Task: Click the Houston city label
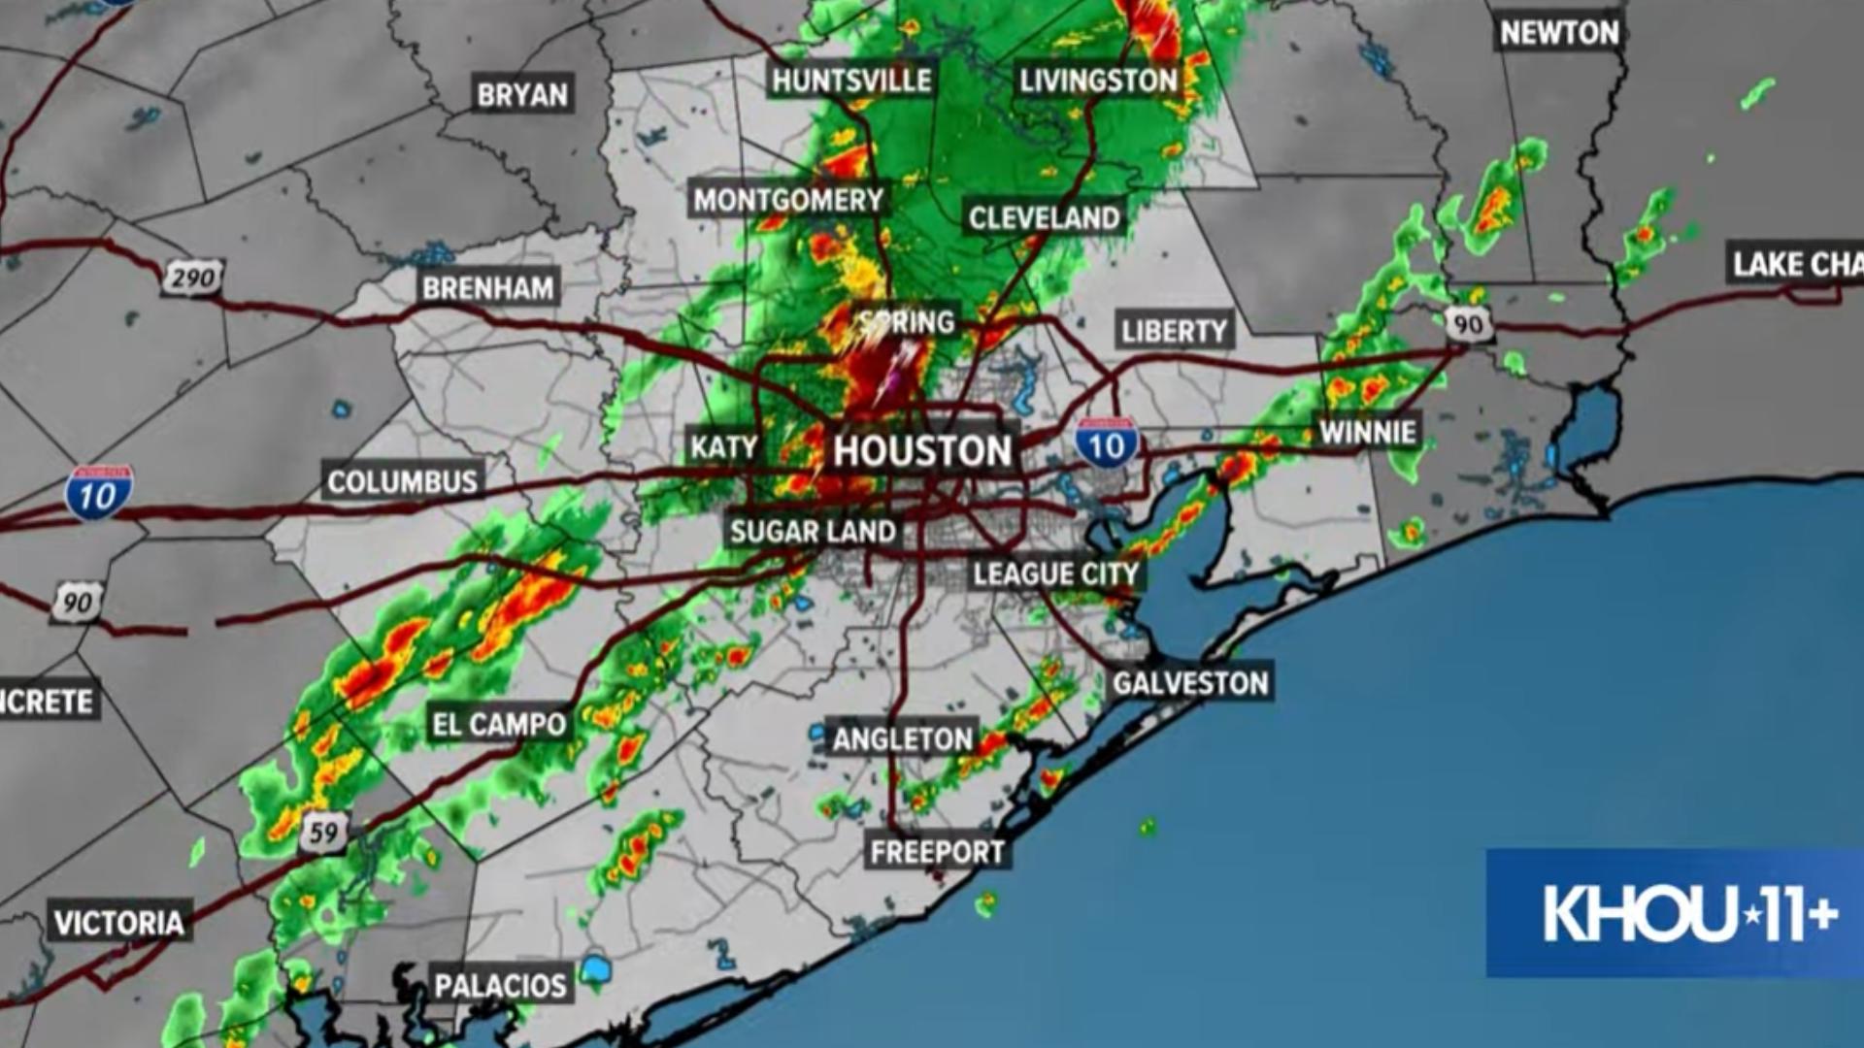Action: [921, 451]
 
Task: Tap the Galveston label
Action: [1190, 683]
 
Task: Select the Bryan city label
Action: [522, 95]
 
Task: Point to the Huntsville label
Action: [851, 80]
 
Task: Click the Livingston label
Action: [1098, 80]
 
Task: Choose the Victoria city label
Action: [118, 922]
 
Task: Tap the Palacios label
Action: [500, 986]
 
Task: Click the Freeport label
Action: [937, 852]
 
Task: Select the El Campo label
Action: [499, 724]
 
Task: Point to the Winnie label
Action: [1368, 432]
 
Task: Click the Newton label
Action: [1559, 33]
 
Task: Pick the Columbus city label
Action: [403, 482]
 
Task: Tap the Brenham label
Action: [488, 288]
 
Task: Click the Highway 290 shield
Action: [192, 279]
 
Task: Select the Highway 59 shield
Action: [323, 833]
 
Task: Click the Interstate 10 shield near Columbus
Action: [98, 493]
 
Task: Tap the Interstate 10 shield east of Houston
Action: [1106, 444]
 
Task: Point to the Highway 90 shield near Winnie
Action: [1468, 323]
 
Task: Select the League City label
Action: [1055, 574]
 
